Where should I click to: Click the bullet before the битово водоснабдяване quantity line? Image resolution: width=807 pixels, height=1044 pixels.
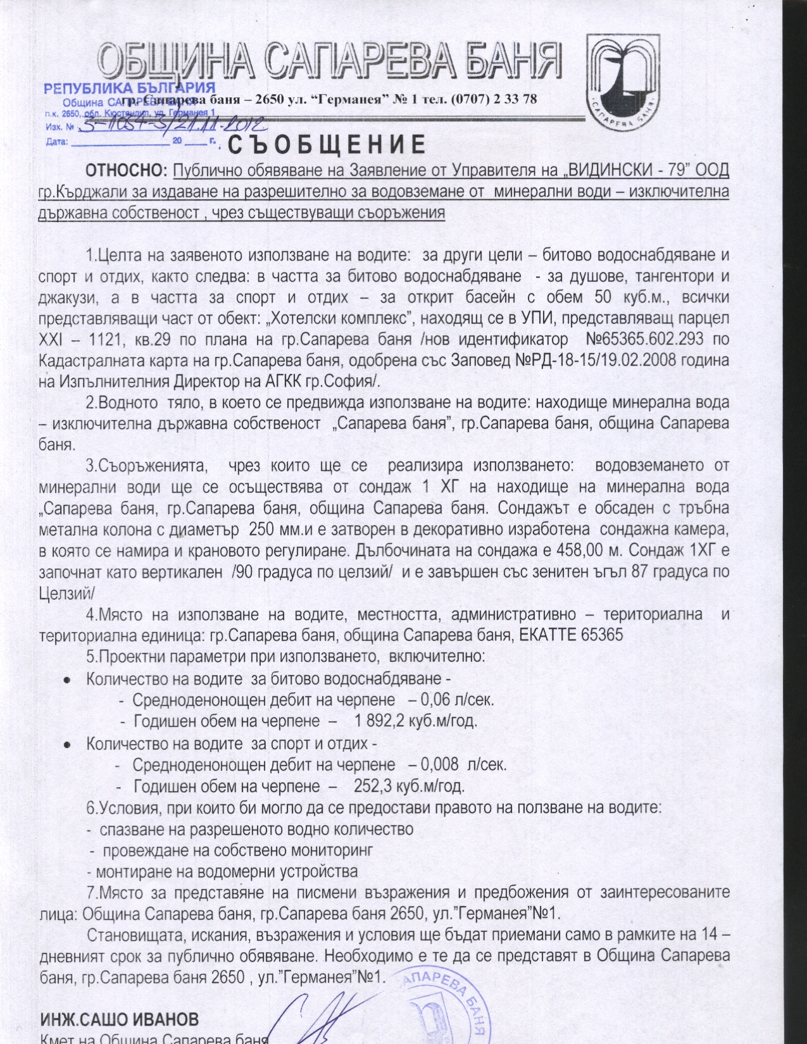pos(67,680)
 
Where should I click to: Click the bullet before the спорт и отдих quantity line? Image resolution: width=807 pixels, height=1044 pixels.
pos(67,744)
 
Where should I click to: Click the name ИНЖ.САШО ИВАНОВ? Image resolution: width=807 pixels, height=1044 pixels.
pos(120,1019)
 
